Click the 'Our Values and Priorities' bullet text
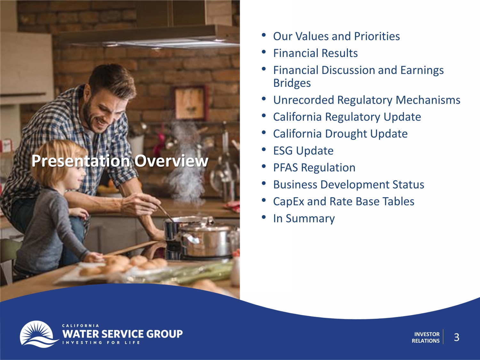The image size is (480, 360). [x=336, y=36]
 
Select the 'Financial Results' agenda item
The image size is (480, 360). [x=315, y=53]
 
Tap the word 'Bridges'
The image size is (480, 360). [x=292, y=83]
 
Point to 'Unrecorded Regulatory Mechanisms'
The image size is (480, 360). [x=367, y=100]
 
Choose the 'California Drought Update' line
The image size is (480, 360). [x=340, y=134]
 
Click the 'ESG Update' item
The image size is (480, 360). [x=303, y=151]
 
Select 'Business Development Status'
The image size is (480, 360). [x=348, y=185]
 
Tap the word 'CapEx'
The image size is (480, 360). [x=289, y=202]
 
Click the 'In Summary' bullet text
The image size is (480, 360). [x=304, y=219]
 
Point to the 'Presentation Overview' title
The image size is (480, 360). [x=120, y=161]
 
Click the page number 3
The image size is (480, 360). [x=456, y=337]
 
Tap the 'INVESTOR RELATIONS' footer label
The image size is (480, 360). [x=426, y=337]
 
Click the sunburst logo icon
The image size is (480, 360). [x=37, y=334]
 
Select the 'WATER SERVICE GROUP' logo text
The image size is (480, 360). [x=123, y=334]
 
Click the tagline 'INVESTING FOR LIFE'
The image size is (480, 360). [x=101, y=342]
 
